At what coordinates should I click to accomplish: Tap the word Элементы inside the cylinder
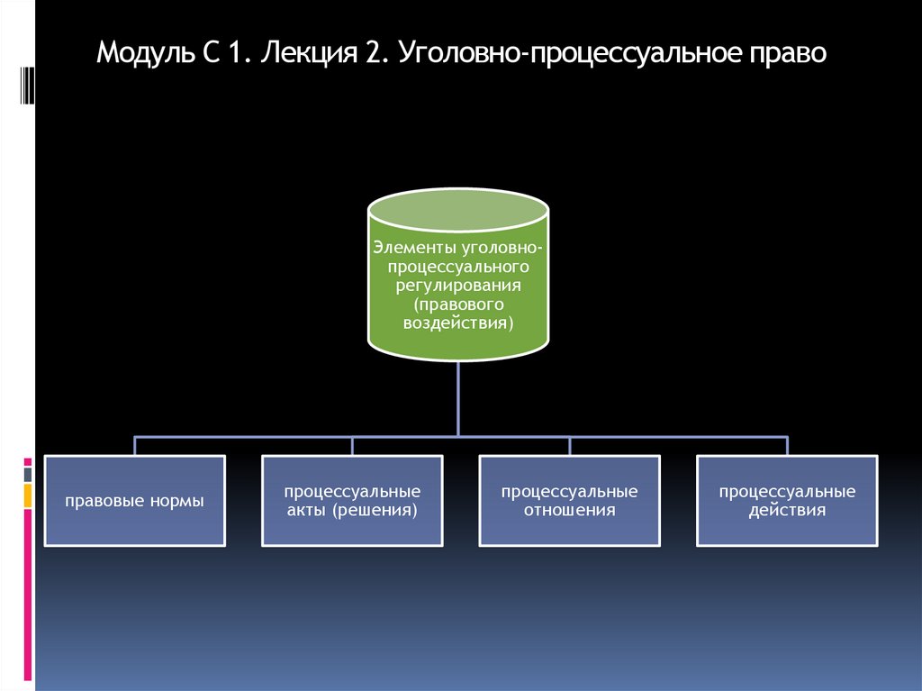(x=412, y=249)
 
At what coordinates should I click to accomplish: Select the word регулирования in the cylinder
(x=458, y=286)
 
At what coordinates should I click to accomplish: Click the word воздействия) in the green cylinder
(x=458, y=323)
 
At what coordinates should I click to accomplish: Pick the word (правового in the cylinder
(x=458, y=305)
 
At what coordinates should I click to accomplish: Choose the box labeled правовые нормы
(x=134, y=500)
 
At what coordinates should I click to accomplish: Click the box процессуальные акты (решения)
(x=352, y=500)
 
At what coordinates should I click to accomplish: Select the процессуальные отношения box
(x=569, y=500)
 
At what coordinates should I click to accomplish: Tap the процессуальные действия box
(x=787, y=500)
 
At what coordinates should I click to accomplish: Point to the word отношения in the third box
(x=569, y=510)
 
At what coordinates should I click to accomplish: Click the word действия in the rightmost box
(x=787, y=510)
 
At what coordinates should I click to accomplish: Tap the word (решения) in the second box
(x=385, y=510)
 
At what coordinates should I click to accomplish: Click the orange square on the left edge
(x=28, y=495)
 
